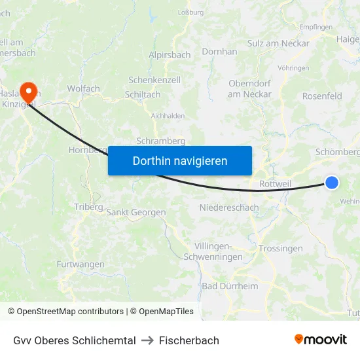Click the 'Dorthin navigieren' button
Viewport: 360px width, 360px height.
[180, 160]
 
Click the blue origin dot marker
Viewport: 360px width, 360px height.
[332, 183]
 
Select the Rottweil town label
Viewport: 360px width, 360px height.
[275, 184]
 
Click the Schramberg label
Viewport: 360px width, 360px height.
[161, 141]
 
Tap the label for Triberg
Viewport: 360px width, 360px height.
[88, 207]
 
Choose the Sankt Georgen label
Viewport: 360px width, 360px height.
[136, 212]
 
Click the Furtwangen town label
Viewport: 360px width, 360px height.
[81, 264]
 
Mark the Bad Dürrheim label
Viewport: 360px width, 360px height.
[230, 286]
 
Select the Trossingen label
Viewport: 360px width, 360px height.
[280, 249]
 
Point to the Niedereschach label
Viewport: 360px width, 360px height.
[229, 207]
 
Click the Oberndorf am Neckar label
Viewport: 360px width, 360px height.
[249, 88]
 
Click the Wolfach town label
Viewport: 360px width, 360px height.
[83, 88]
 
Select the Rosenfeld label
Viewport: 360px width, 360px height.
[322, 96]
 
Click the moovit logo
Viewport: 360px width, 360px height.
[320, 340]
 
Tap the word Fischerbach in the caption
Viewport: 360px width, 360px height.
[189, 340]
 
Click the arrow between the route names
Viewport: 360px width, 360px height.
[147, 340]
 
